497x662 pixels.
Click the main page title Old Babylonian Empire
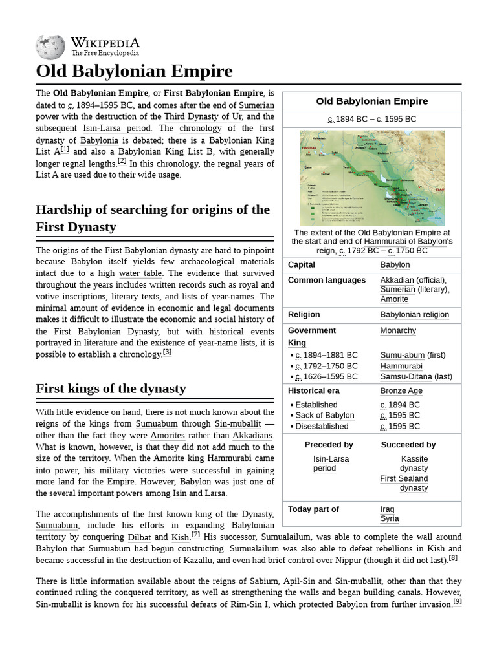[x=134, y=71]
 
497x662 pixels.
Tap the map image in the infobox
[x=371, y=178]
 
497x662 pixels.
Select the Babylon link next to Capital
[x=395, y=265]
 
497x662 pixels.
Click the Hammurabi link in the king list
[x=401, y=366]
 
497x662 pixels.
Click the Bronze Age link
[x=401, y=391]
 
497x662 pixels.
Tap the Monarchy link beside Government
[x=398, y=330]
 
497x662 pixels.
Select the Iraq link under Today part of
[x=387, y=509]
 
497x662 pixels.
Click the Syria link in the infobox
[x=390, y=519]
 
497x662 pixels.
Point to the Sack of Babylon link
[x=325, y=416]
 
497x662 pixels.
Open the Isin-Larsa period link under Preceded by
[x=330, y=464]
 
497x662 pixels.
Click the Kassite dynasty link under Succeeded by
[x=414, y=464]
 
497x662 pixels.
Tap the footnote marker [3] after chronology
[x=167, y=352]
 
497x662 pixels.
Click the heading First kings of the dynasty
[x=111, y=389]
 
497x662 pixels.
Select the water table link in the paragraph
[x=139, y=273]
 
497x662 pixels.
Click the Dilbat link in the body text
[x=139, y=537]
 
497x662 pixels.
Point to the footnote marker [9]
[x=457, y=602]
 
